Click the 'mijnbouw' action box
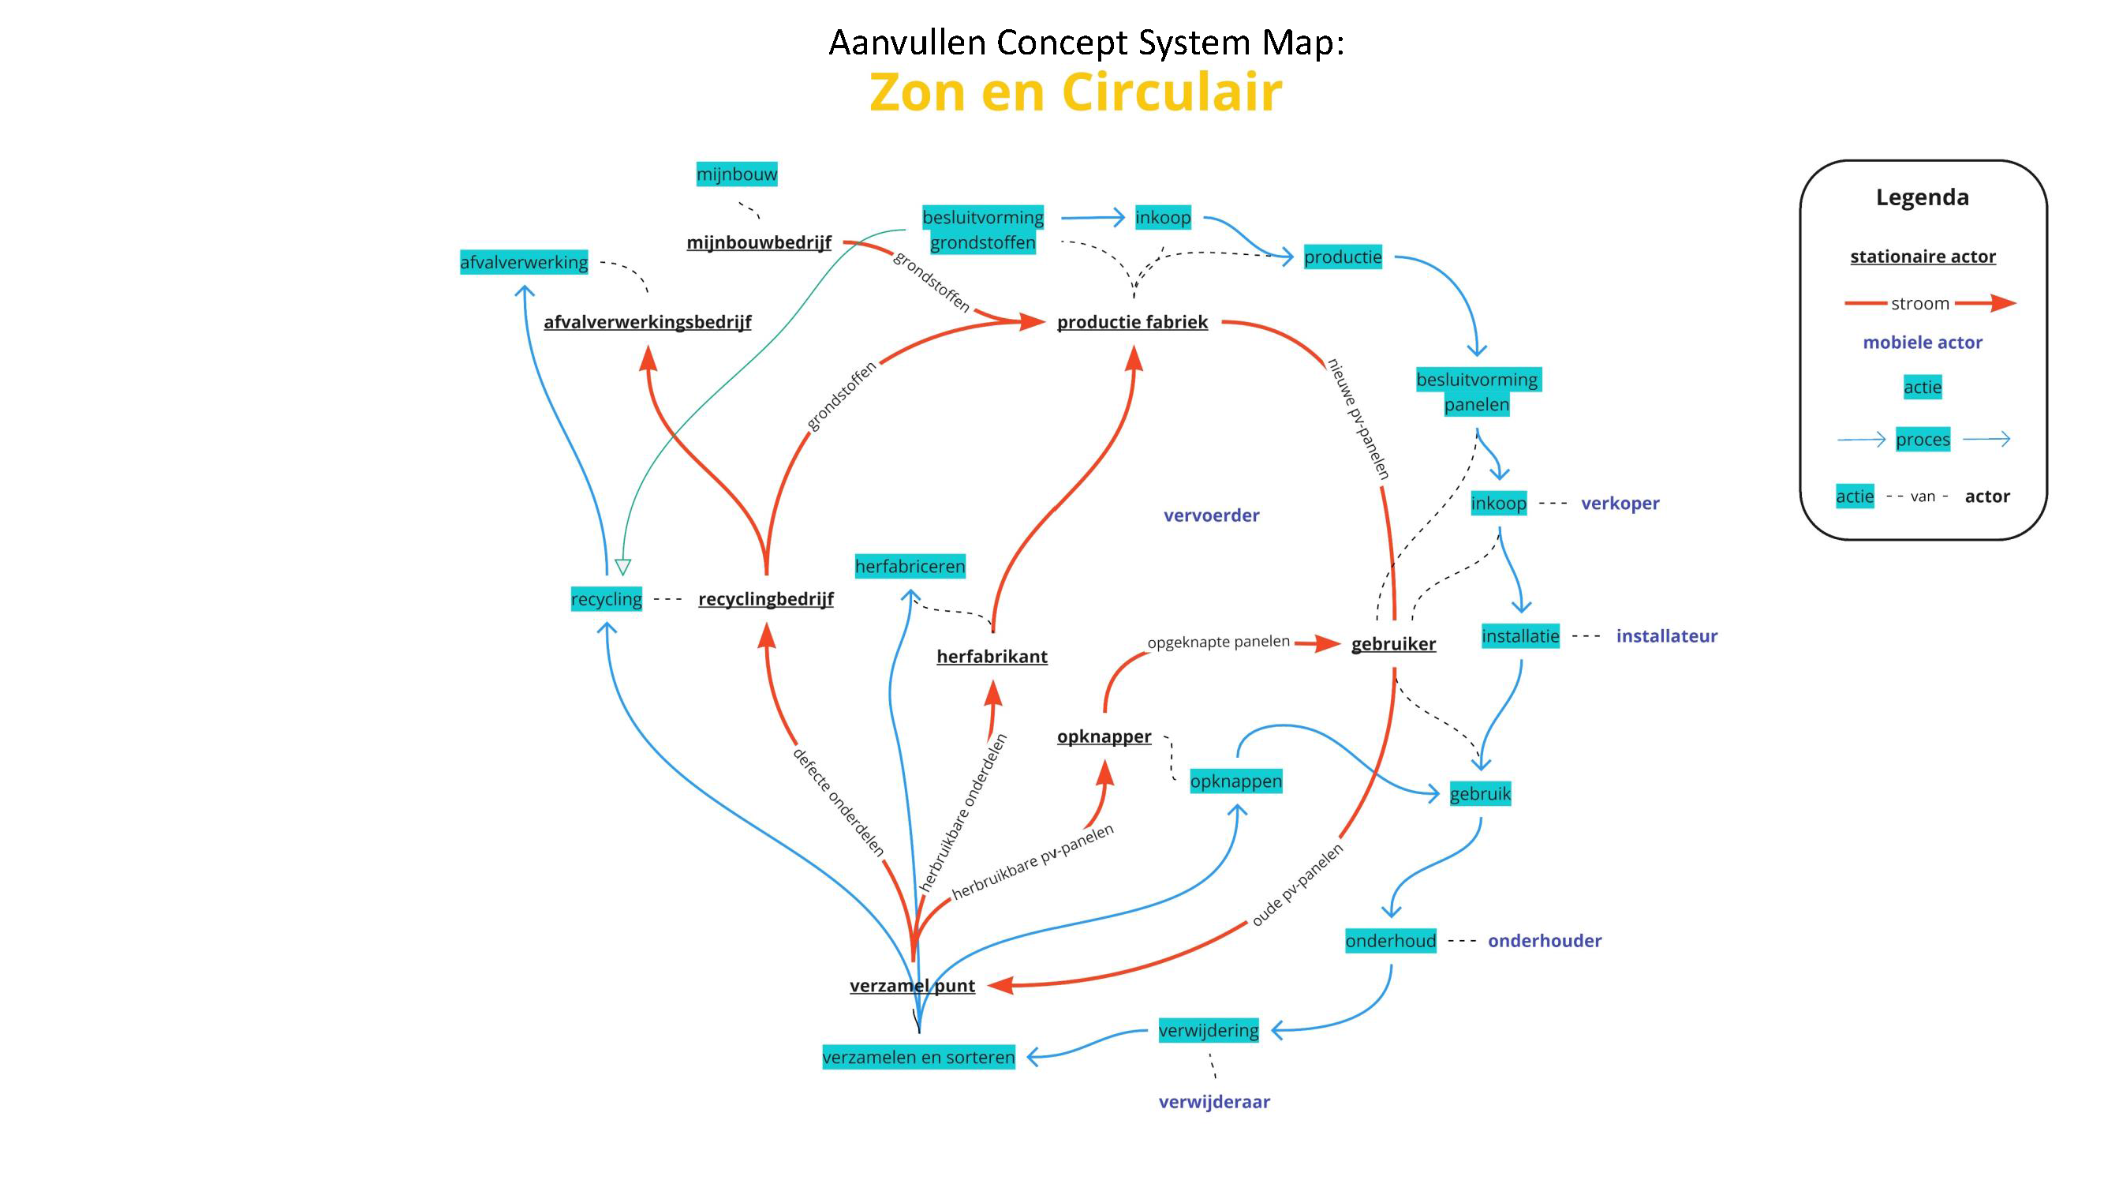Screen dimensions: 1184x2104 (x=736, y=174)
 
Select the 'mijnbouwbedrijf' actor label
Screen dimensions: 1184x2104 (x=759, y=242)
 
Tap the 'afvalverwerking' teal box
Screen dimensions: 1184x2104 (x=524, y=262)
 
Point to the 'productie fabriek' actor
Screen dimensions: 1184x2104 (x=1132, y=322)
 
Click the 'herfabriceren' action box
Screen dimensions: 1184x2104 (x=910, y=566)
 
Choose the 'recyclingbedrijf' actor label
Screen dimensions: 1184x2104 (x=765, y=599)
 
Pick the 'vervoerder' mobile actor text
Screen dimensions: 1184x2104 (x=1211, y=515)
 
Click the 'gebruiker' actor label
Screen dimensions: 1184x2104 (x=1393, y=644)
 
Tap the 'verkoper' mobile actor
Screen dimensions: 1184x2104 (x=1620, y=504)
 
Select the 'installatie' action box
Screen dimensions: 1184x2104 (x=1520, y=635)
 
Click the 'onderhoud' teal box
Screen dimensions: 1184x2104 (x=1390, y=941)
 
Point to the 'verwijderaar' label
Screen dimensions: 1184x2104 (x=1213, y=1101)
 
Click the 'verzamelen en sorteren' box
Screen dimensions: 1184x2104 (x=918, y=1057)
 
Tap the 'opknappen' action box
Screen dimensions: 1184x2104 (x=1235, y=781)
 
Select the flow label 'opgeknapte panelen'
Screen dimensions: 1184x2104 (x=1218, y=643)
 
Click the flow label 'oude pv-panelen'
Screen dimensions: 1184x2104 (x=1297, y=886)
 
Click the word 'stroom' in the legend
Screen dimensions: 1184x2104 (x=1919, y=304)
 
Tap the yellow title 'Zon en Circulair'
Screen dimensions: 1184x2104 (x=1074, y=92)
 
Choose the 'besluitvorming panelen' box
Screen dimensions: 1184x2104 (x=1477, y=392)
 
